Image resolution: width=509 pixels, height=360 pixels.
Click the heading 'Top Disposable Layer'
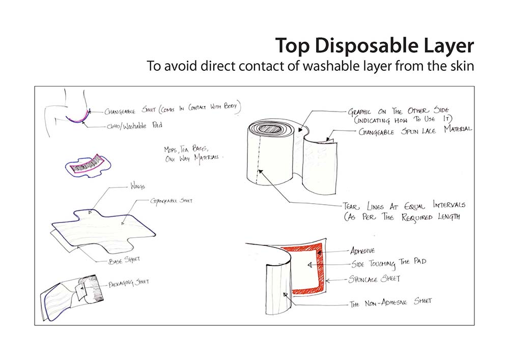coord(375,46)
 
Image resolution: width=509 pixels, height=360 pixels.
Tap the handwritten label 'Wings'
coord(137,186)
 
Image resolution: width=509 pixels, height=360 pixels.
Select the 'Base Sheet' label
coord(124,260)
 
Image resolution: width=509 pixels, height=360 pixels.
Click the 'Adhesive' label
coord(362,251)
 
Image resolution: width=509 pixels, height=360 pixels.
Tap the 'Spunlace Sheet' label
coord(374,279)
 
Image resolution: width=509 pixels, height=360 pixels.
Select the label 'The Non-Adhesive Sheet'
coord(390,302)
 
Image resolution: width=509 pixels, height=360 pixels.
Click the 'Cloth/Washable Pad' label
coord(134,126)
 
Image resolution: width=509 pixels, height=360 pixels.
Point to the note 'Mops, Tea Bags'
coord(186,149)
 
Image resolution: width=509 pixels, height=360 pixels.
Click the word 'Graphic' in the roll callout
coord(359,112)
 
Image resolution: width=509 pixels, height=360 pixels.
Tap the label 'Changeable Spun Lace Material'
coord(415,130)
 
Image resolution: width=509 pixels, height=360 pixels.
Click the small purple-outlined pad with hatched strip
coord(88,165)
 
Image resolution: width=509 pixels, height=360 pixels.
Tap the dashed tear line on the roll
coord(259,159)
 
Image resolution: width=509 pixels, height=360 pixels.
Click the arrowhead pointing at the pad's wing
coord(90,212)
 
